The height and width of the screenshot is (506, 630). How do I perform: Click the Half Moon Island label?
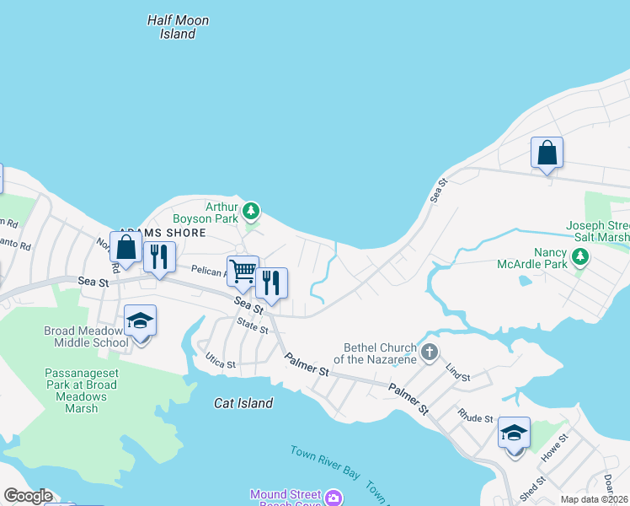point(178,27)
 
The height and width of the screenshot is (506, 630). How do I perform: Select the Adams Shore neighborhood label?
point(162,233)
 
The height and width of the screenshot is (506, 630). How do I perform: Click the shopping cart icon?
point(243,271)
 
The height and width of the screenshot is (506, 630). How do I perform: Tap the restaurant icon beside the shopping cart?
point(271,283)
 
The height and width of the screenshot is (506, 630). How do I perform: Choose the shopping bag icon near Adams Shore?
point(125,247)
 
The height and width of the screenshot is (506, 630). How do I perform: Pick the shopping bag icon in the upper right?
point(547,153)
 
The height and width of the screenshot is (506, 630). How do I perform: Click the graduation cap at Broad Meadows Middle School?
point(141,320)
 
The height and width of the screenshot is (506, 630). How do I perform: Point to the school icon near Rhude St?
point(514,433)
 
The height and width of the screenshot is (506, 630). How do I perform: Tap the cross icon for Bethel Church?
point(430,352)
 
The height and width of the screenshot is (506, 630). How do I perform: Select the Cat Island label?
point(243,403)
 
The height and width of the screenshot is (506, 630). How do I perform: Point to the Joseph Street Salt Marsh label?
point(598,231)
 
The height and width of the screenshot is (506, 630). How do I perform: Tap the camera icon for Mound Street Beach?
point(334,498)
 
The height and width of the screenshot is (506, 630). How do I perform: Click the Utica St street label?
point(221,361)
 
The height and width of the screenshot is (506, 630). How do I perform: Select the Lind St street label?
point(457,372)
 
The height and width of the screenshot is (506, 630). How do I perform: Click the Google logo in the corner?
point(28,496)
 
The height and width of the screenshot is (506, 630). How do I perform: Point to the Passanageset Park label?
point(77,390)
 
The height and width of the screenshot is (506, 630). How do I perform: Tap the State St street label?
point(252,326)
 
